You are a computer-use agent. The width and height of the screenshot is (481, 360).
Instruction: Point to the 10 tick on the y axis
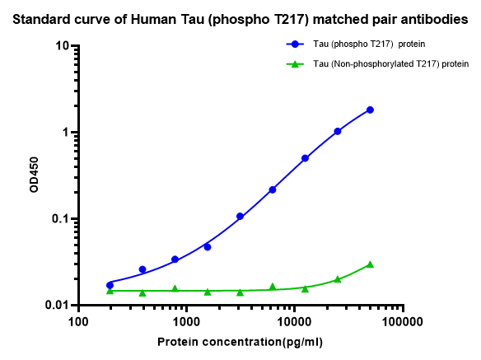point(63,46)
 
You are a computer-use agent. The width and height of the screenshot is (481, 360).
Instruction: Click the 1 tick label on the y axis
point(66,133)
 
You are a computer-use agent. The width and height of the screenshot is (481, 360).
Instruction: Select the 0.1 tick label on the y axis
point(60,219)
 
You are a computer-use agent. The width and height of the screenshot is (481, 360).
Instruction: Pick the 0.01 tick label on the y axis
point(58,306)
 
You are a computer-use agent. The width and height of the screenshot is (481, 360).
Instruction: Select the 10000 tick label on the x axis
point(294,322)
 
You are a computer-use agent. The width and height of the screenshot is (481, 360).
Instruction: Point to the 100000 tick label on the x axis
point(402,322)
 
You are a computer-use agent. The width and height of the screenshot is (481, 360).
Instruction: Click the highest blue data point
point(371,110)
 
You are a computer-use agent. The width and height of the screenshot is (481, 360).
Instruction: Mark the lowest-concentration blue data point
point(110,284)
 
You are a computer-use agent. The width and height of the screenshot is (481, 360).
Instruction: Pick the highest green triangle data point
point(371,264)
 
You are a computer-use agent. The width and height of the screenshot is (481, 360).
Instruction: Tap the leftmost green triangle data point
point(110,291)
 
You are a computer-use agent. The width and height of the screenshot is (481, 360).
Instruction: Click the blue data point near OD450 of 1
point(338,131)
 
